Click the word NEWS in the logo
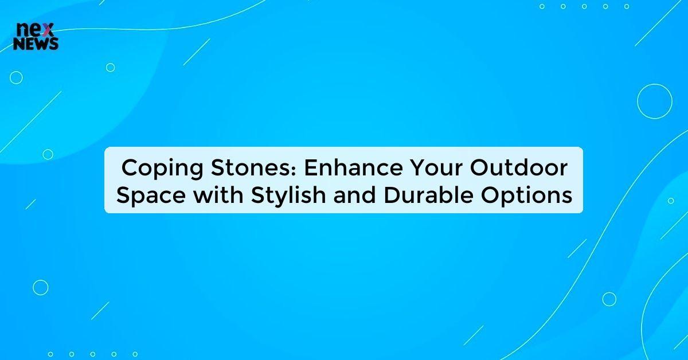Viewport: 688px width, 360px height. (x=36, y=44)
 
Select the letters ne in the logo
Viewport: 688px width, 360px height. (x=28, y=30)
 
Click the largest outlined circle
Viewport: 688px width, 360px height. (x=654, y=101)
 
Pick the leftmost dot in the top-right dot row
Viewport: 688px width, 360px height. (x=542, y=6)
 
